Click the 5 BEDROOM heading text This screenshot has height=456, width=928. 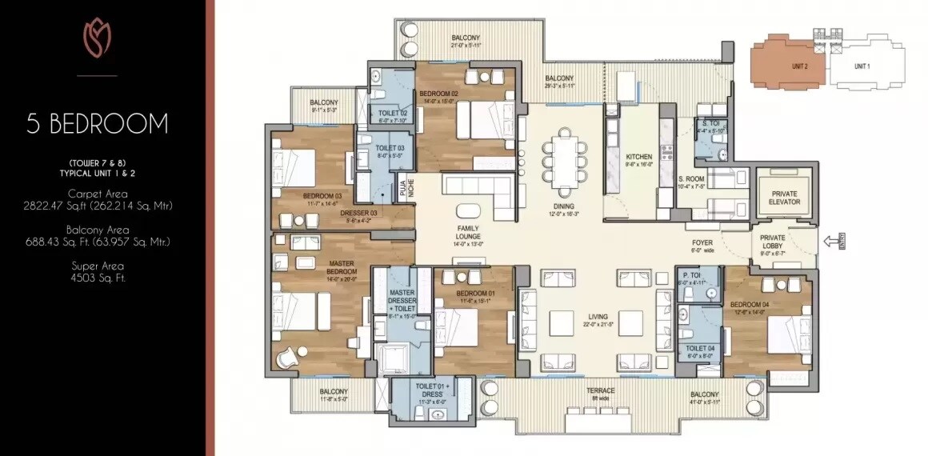tap(97, 124)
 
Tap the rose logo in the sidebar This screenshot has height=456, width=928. tap(97, 39)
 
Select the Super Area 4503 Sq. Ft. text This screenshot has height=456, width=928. tap(97, 272)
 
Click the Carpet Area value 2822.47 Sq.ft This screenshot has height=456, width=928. tap(97, 205)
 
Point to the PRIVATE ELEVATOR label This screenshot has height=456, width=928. tap(785, 198)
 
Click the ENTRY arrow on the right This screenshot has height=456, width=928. tap(832, 239)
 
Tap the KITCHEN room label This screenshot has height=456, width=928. tap(639, 157)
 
